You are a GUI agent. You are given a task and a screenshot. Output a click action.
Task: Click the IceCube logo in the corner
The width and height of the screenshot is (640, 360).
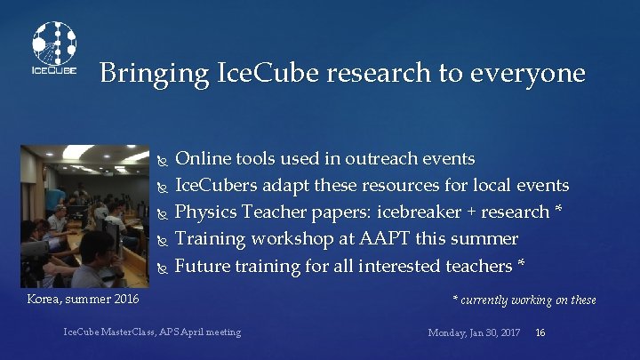pyautogui.click(x=53, y=48)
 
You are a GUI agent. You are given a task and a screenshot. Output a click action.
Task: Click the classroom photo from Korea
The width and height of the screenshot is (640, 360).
pyautogui.click(x=84, y=215)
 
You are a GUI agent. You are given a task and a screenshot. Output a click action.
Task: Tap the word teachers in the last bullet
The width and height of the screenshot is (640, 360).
pyautogui.click(x=478, y=266)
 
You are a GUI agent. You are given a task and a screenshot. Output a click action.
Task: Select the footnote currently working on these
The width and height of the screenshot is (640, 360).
pyautogui.click(x=524, y=300)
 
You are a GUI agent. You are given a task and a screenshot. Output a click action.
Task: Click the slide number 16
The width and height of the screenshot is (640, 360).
pyautogui.click(x=540, y=332)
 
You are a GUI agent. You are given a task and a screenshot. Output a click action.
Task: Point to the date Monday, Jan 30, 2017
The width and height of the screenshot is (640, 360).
pyautogui.click(x=474, y=332)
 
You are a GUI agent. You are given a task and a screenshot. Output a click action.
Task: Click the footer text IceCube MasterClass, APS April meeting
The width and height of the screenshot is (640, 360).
pyautogui.click(x=152, y=332)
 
